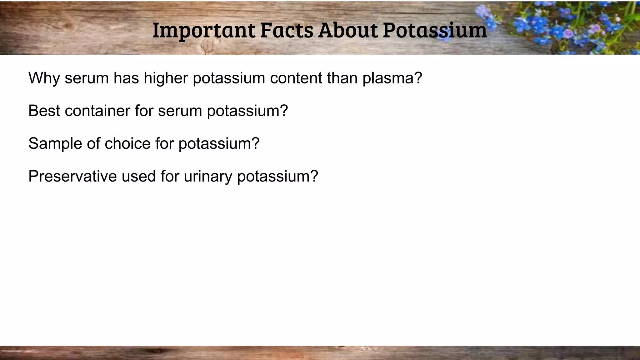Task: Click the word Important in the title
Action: [x=203, y=31]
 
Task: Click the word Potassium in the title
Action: [x=435, y=31]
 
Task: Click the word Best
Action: [x=44, y=111]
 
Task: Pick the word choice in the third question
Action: [x=127, y=143]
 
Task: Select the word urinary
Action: [x=208, y=177]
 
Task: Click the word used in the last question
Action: [x=138, y=176]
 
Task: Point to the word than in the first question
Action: [x=342, y=78]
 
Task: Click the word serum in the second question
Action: [x=180, y=111]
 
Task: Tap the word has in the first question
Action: [x=126, y=78]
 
